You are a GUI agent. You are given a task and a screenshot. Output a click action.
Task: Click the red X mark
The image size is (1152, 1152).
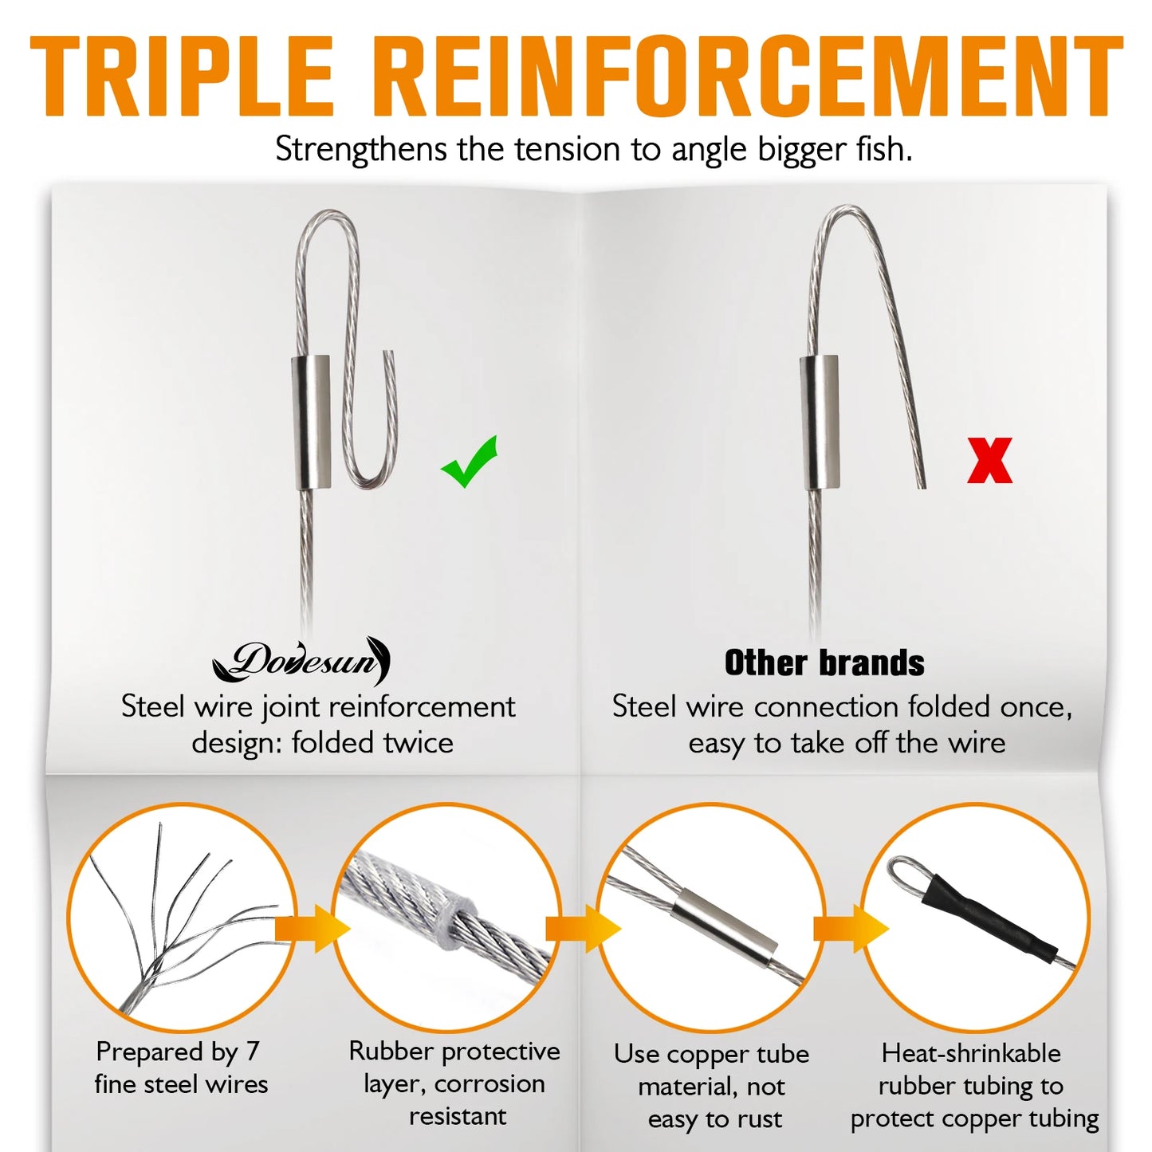(989, 460)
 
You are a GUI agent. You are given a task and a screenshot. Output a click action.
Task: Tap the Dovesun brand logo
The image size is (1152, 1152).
(302, 661)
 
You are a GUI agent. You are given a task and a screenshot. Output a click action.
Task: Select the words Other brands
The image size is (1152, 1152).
(824, 663)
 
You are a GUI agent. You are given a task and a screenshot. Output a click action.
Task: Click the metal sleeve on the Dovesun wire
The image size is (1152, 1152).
(310, 423)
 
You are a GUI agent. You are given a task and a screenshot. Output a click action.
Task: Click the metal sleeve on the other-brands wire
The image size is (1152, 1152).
(820, 422)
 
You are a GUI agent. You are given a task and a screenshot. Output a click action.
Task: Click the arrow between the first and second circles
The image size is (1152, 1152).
(313, 928)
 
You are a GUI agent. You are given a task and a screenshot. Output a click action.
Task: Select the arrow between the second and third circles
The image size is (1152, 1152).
(583, 928)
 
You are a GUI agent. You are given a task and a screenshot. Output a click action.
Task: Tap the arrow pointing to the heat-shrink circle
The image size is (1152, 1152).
(850, 928)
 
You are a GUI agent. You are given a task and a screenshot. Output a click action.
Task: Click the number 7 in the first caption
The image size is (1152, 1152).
(252, 1052)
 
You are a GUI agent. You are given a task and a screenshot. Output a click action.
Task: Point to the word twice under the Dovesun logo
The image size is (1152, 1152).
(419, 743)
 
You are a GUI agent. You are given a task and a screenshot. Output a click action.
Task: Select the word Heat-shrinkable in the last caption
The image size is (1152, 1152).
(971, 1053)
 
